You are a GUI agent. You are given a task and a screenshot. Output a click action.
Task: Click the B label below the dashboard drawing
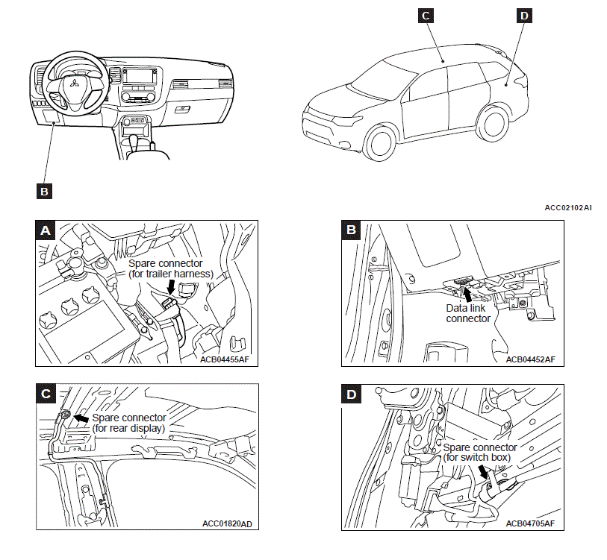click(44, 191)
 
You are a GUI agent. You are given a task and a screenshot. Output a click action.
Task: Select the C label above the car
click(425, 16)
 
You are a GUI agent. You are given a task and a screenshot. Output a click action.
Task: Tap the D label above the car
click(523, 16)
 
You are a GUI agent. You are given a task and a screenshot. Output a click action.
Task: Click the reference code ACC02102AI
click(567, 208)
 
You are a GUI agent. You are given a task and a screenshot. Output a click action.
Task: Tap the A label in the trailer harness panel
click(46, 230)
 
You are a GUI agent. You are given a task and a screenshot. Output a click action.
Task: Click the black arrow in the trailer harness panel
click(171, 287)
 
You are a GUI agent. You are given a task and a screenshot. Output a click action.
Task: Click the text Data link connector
click(468, 312)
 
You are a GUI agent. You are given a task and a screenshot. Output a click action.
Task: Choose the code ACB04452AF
click(531, 359)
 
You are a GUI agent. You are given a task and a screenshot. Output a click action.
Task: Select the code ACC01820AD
click(227, 523)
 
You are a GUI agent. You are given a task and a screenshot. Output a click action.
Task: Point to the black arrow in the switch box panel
click(486, 472)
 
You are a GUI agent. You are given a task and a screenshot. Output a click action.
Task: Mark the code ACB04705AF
click(530, 523)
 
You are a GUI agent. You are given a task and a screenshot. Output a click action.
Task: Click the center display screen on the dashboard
click(140, 76)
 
